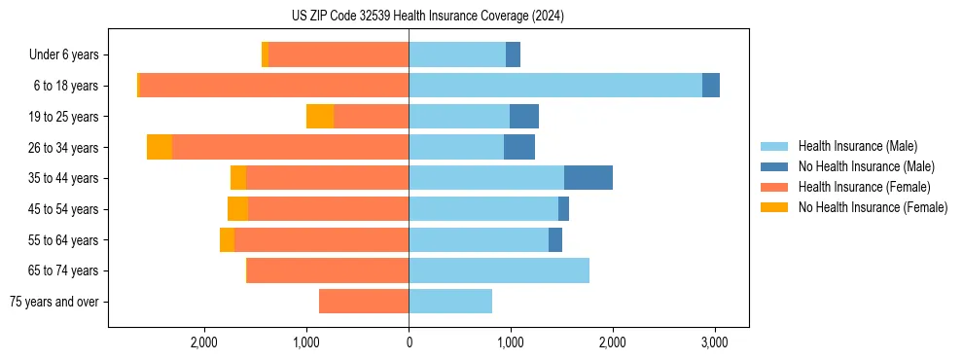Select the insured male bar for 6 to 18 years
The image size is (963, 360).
point(554,86)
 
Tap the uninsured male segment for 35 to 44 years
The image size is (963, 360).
point(588,178)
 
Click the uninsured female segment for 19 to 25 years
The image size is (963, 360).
point(320,117)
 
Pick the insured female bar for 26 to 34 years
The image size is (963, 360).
point(290,147)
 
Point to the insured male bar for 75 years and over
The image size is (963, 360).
point(450,302)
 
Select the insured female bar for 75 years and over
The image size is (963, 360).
point(364,302)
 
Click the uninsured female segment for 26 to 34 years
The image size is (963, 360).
point(160,147)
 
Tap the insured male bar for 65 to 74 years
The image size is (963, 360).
point(499,270)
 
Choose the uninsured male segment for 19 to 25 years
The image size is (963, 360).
point(523,117)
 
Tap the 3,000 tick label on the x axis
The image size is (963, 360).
point(715,342)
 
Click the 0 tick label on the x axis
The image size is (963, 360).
point(409,342)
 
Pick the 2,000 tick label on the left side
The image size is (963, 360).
point(204,342)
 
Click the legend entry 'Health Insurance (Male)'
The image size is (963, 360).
point(857,146)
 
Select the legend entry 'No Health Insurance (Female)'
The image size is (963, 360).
point(873,207)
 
